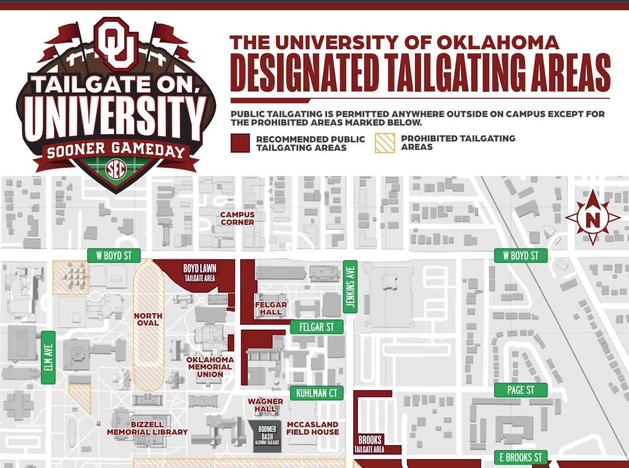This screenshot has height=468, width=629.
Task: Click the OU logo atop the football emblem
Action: [116, 44]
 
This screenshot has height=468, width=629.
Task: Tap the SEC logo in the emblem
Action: [116, 169]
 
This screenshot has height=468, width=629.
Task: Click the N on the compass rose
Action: [593, 220]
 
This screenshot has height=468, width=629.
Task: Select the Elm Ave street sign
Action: [48, 358]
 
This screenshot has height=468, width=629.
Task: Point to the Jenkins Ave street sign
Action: [350, 287]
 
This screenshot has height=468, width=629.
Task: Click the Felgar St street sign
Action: [316, 327]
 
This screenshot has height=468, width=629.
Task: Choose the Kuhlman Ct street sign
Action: [316, 393]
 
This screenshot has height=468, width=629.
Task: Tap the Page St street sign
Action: [521, 390]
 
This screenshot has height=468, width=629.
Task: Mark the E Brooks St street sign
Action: [520, 457]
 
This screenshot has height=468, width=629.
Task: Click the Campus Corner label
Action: [238, 218]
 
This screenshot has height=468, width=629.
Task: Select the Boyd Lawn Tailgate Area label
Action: [200, 272]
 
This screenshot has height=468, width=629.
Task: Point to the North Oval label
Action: [148, 319]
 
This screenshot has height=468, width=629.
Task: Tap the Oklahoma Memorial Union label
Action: [210, 367]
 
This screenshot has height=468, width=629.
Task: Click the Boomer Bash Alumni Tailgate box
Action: [267, 436]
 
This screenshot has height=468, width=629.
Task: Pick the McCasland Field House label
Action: [313, 428]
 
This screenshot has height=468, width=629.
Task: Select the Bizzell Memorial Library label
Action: [147, 428]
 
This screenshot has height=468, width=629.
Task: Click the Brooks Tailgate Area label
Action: [370, 444]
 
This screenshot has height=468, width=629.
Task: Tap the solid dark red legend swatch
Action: [240, 143]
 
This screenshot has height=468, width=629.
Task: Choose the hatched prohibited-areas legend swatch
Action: [385, 143]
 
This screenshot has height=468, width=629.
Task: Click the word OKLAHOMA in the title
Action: [498, 43]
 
